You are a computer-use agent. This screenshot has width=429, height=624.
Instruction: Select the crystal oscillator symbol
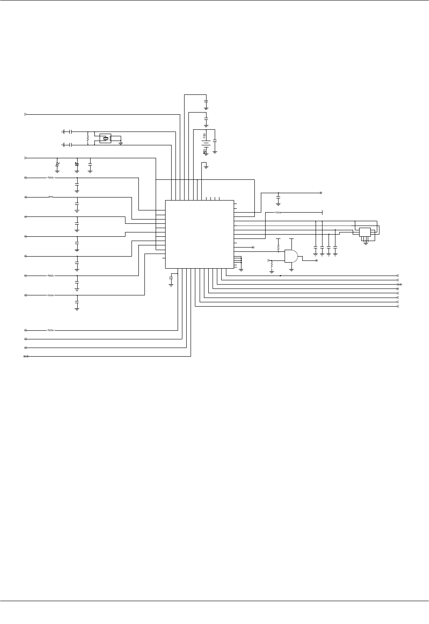(105, 138)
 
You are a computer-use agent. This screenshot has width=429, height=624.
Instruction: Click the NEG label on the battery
(204, 150)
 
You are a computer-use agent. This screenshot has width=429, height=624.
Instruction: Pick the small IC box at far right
(365, 232)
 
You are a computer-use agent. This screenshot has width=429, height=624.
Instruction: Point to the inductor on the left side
(51, 197)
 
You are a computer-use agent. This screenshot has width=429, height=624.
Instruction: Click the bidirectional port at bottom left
(25, 357)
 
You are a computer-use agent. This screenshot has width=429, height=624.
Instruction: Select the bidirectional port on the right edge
(399, 285)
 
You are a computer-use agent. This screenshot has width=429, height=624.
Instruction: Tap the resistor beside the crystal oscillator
(88, 138)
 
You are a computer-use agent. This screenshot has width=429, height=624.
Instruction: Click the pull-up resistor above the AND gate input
(278, 248)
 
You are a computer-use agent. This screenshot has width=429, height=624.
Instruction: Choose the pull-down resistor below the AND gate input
(272, 267)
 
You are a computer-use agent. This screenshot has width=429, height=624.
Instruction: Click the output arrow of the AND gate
(315, 260)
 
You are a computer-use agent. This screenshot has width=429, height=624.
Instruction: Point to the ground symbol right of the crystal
(121, 143)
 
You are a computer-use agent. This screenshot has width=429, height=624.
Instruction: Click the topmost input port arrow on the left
(25, 114)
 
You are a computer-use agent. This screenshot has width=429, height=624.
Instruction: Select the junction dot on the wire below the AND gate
(281, 275)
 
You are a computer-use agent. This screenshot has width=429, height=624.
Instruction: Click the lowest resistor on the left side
(51, 330)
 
